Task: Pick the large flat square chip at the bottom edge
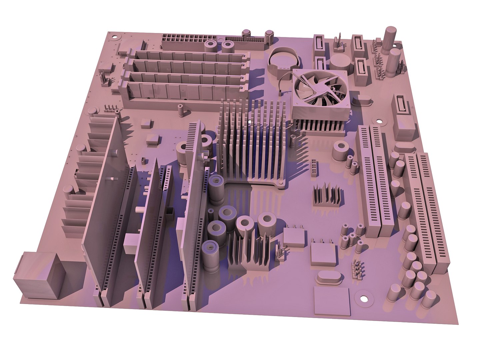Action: point(332,301)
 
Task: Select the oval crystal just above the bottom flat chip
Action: point(329,277)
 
